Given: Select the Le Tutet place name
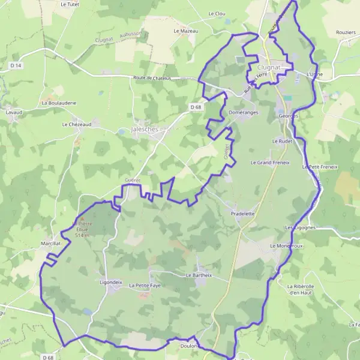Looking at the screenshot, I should [70, 4].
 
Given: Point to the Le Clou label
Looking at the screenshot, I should [216, 13].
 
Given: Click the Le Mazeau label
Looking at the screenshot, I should [185, 31].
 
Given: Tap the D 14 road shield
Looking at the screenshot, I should [16, 65].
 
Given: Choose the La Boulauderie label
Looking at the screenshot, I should [59, 103].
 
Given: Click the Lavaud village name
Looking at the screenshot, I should [13, 112].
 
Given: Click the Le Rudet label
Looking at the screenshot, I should [281, 141].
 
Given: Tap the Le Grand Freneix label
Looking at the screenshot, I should [270, 163].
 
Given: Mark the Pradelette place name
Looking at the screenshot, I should [243, 213].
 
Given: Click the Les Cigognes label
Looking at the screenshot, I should [300, 228].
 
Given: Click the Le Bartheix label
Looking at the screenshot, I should [199, 275].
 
